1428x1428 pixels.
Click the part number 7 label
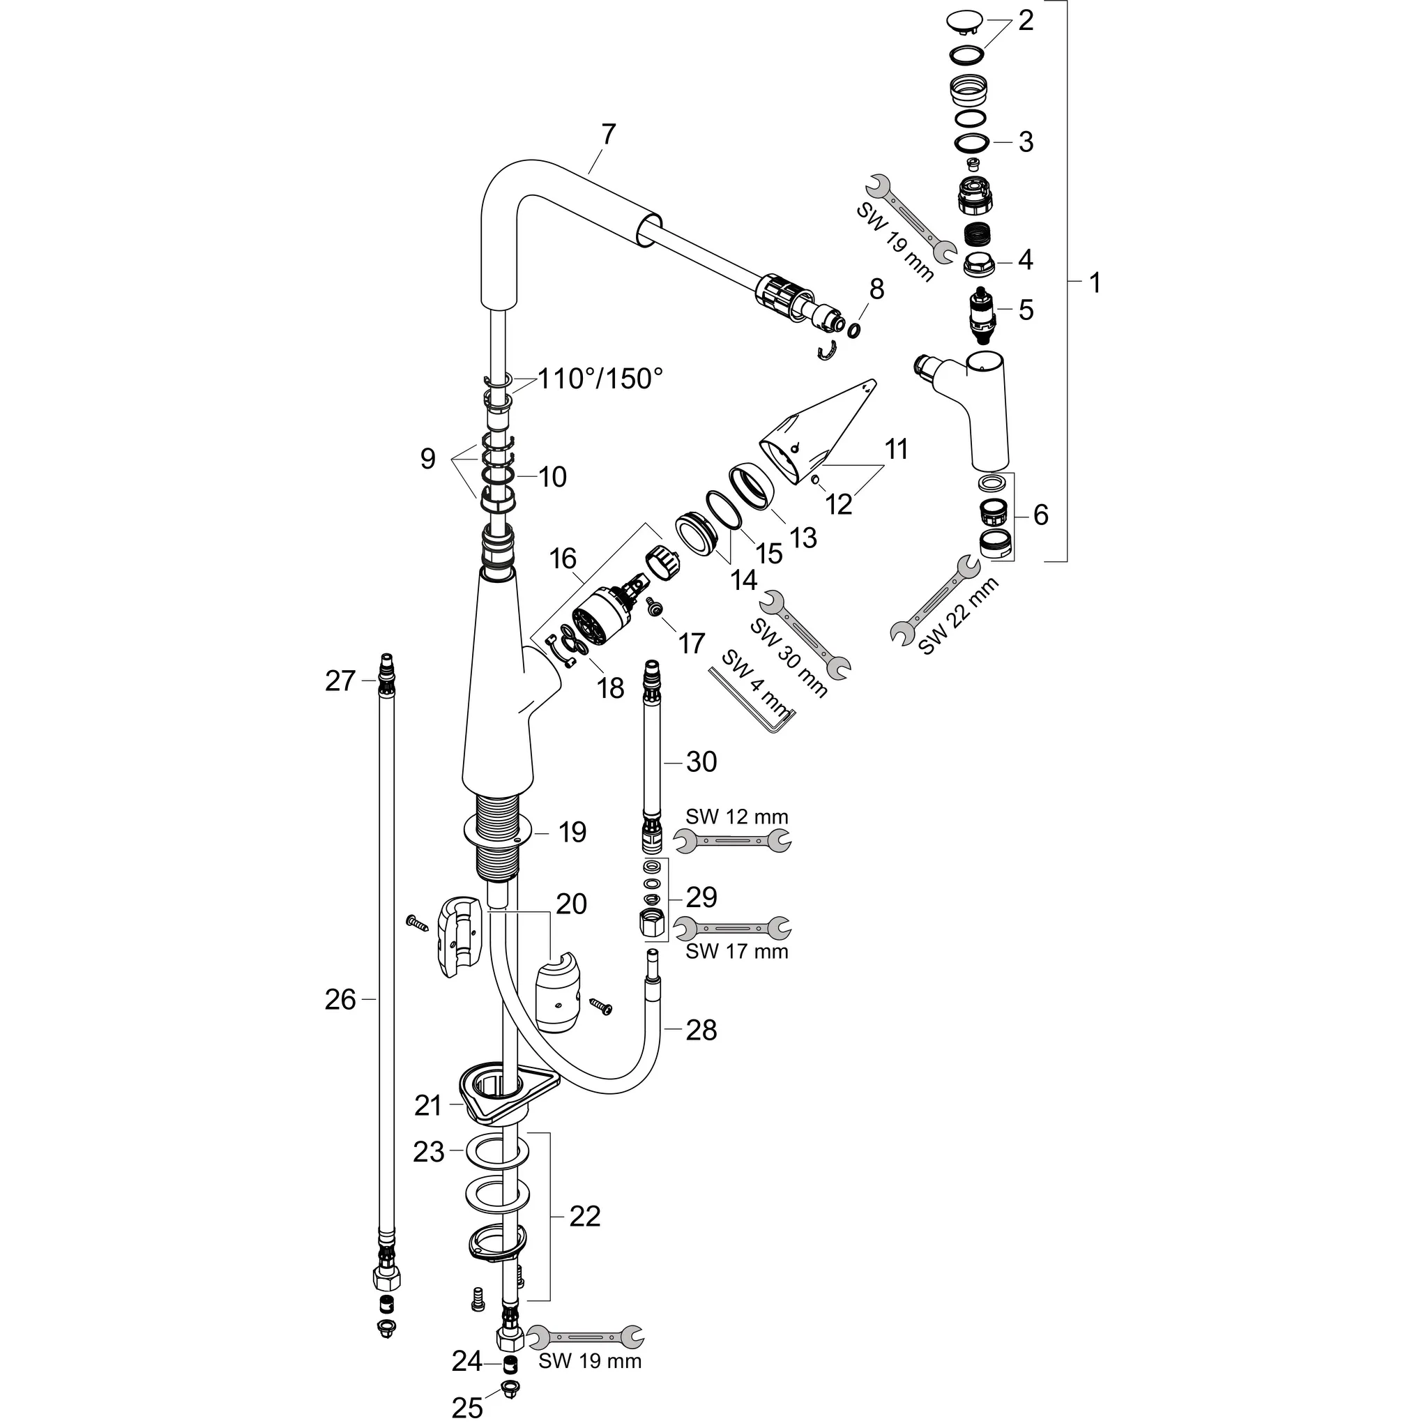click(x=607, y=135)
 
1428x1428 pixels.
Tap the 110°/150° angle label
click(x=600, y=379)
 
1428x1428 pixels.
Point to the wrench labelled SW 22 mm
click(x=936, y=601)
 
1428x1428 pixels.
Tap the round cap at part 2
click(x=967, y=22)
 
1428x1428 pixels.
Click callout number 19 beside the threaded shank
click(x=572, y=833)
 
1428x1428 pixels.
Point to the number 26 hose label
click(x=340, y=1000)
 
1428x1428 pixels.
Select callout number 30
click(x=701, y=761)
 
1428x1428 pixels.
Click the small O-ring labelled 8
click(x=853, y=331)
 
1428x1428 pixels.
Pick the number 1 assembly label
click(x=1095, y=282)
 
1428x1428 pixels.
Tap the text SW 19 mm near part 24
click(x=590, y=1381)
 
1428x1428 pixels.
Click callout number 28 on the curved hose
click(x=701, y=1030)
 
